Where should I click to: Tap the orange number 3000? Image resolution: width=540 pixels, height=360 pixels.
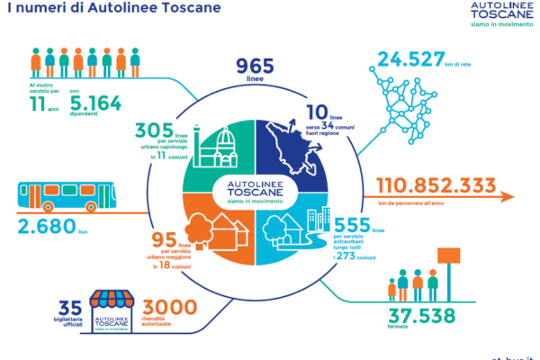(x=169, y=308)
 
